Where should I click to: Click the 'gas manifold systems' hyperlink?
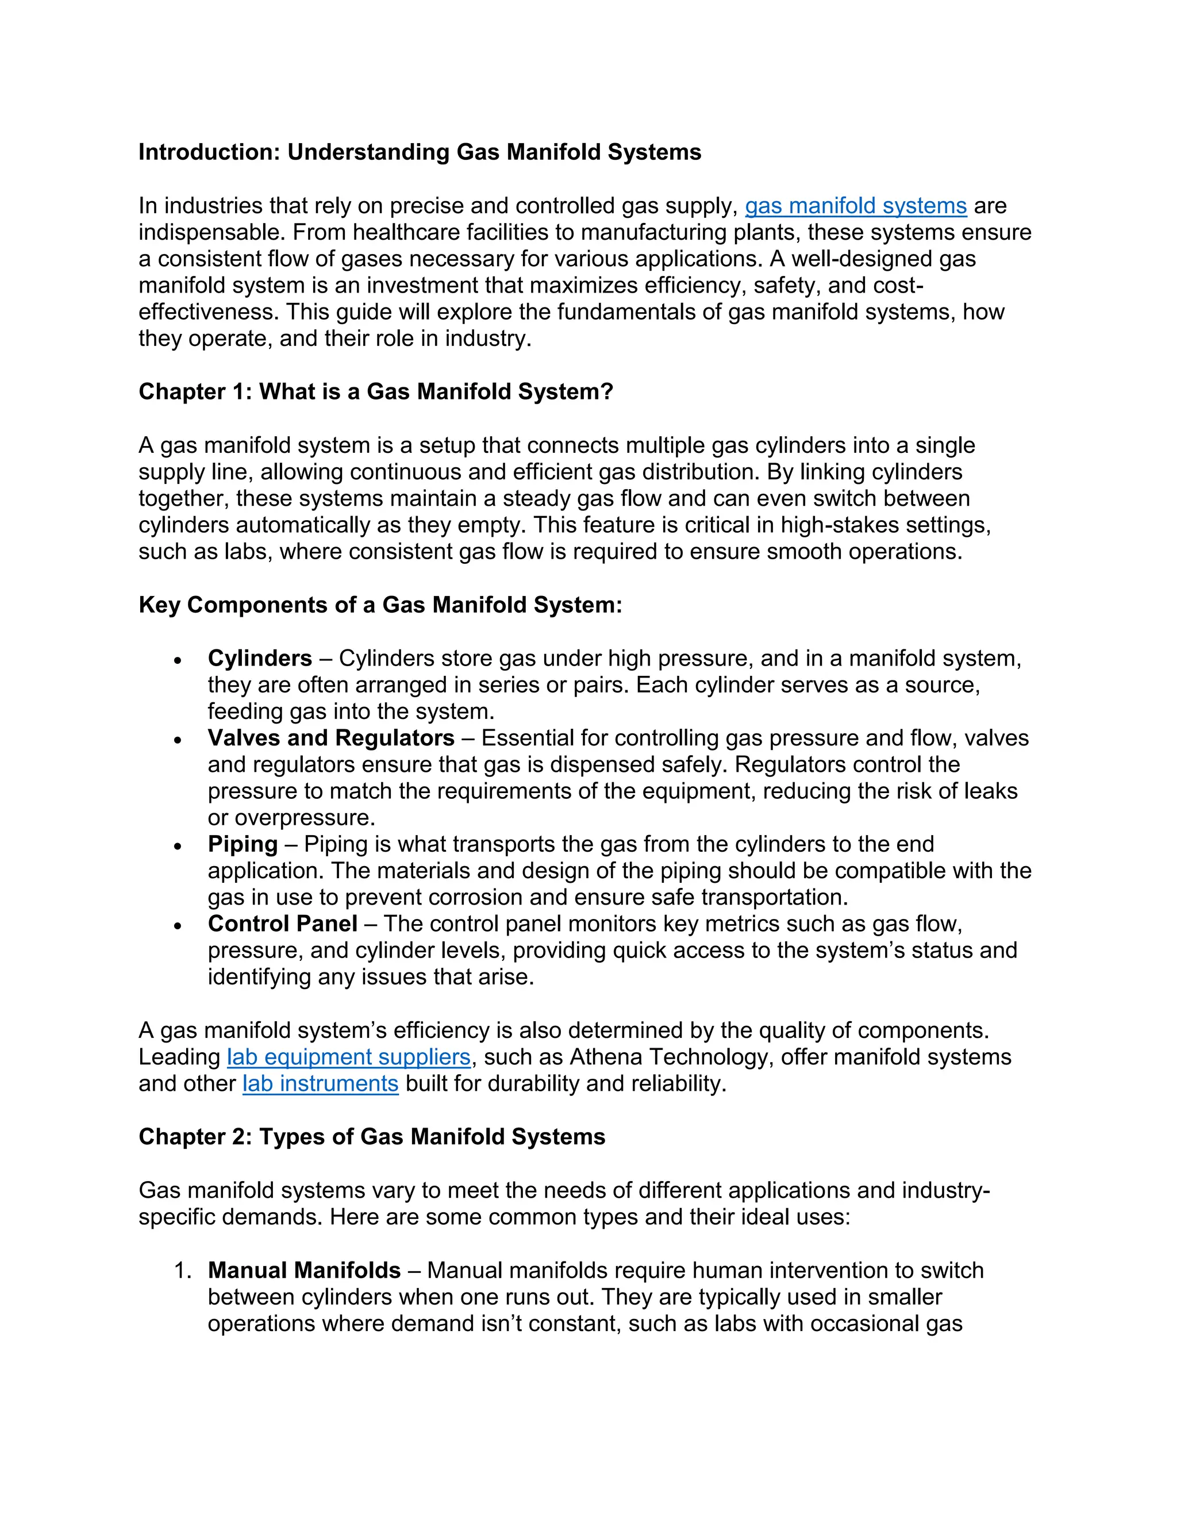(856, 206)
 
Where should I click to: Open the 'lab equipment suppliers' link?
(349, 1057)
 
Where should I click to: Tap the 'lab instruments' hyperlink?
(320, 1084)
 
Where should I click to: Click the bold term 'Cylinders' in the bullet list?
(259, 658)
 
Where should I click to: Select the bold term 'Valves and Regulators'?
(330, 738)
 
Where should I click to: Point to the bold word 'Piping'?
(242, 844)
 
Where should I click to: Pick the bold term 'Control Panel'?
(282, 924)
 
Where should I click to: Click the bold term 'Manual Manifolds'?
(304, 1271)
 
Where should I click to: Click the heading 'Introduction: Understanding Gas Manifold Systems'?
(420, 152)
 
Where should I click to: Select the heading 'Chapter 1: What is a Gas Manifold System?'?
(375, 392)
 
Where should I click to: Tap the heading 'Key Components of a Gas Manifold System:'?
(380, 605)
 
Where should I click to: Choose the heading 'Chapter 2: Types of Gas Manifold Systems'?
(372, 1137)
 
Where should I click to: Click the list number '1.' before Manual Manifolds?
(183, 1271)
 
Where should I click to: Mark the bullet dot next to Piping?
(179, 847)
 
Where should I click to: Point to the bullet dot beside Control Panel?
(179, 926)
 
